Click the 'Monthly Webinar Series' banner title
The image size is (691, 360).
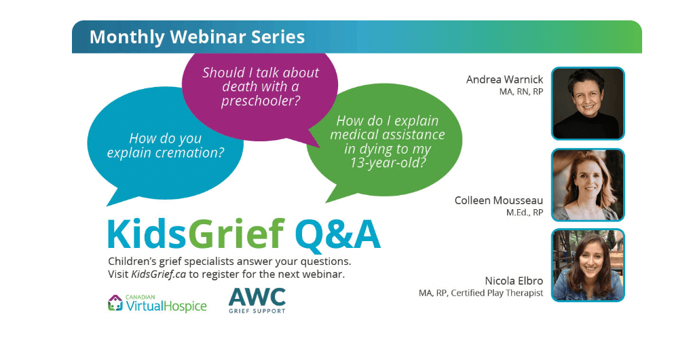pos(197,37)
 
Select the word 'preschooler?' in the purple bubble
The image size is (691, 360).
pos(261,101)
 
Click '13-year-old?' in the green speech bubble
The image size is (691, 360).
pos(388,163)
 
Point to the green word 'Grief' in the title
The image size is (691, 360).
pos(236,234)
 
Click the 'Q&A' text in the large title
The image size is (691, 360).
pos(338,235)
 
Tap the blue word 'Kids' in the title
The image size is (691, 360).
pos(147,234)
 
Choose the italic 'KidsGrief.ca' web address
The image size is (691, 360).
pos(159,274)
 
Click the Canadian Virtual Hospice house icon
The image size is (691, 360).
pos(115,303)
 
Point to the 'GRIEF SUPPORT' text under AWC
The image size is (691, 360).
pos(257,311)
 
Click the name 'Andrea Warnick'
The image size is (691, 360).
pos(504,79)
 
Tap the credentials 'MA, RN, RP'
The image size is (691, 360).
pos(521,92)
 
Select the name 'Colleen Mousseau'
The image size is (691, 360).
pos(499,200)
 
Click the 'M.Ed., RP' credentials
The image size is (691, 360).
pos(525,213)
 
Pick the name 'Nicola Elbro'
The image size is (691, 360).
pos(514,281)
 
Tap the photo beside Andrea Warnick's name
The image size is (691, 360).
pos(588,104)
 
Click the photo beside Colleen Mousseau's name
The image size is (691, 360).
pos(588,185)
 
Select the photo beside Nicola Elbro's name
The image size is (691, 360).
pos(588,265)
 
